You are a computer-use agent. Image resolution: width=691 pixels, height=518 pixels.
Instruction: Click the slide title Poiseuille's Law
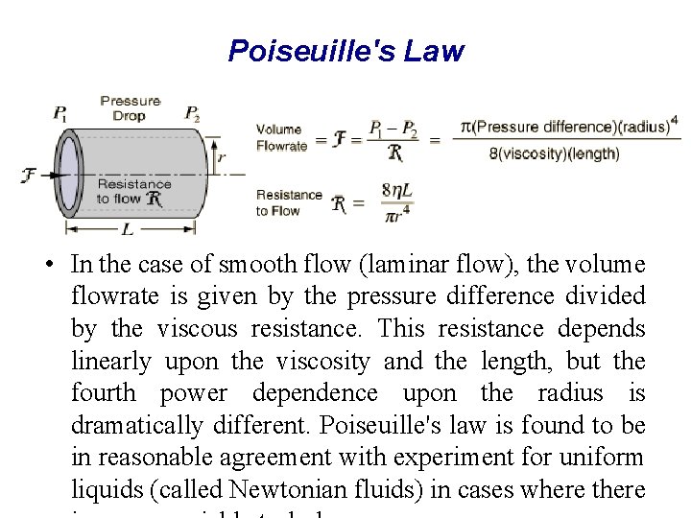pos(345,51)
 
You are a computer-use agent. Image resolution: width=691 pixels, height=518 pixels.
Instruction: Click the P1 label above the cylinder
pos(60,113)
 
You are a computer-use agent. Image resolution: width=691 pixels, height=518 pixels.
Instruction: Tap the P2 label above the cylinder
pos(192,113)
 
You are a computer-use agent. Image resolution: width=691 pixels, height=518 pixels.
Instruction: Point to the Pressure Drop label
pos(130,107)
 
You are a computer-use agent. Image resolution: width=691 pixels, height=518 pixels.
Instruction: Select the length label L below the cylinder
pos(129,229)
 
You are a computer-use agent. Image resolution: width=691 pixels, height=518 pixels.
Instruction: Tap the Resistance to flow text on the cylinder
pos(133,192)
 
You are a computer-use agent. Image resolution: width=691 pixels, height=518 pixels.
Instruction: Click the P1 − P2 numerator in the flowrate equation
pos(392,129)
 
